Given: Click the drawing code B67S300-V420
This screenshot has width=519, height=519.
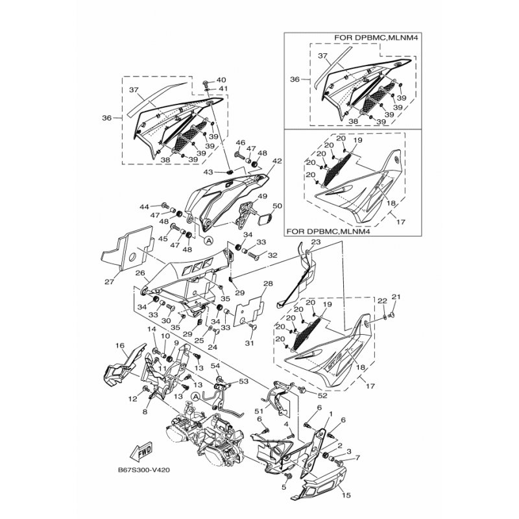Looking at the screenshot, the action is click(143, 470).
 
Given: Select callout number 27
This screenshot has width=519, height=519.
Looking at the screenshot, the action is click(109, 282).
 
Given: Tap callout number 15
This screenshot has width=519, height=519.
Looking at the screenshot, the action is click(346, 495).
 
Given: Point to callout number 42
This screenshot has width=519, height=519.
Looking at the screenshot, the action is click(277, 161).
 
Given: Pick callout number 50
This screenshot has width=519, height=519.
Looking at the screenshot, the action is click(277, 206).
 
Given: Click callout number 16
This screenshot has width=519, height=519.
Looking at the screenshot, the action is click(119, 346).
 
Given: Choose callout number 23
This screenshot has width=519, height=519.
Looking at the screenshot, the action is click(316, 242).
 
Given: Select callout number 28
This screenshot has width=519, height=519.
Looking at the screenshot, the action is click(269, 284).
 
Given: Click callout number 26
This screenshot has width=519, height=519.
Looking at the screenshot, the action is click(140, 272).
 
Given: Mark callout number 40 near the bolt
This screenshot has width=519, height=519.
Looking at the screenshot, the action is click(221, 80).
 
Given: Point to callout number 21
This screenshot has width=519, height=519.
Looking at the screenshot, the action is click(396, 297).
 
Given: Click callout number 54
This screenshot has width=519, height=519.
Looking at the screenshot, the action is click(215, 365).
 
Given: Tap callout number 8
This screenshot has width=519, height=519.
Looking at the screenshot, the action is click(145, 412).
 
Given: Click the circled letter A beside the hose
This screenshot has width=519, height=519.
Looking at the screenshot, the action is click(196, 396).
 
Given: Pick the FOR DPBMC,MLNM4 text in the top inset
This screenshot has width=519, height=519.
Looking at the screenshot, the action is click(376, 38).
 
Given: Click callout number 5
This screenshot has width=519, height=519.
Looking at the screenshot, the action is click(284, 487).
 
